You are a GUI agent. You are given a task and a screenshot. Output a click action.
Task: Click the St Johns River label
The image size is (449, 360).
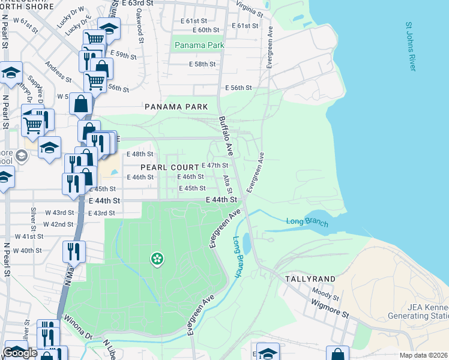pyautogui.click(x=411, y=47)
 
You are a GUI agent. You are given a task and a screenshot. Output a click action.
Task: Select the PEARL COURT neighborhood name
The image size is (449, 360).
pyautogui.click(x=165, y=167)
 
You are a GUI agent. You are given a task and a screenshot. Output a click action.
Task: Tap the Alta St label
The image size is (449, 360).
pyautogui.click(x=228, y=184)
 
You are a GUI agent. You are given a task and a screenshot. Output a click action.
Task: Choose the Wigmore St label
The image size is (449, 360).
pyautogui.click(x=329, y=307)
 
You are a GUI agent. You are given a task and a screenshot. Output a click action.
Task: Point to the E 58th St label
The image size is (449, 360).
pyautogui.click(x=202, y=64)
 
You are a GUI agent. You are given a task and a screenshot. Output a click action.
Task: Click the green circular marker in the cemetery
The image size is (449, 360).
pyautogui.click(x=157, y=259)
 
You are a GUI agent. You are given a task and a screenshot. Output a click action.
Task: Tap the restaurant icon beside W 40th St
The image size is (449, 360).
pyautogui.click(x=73, y=250)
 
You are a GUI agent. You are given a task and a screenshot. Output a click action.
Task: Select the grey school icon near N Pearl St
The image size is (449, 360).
pyautogui.click(x=22, y=157)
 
